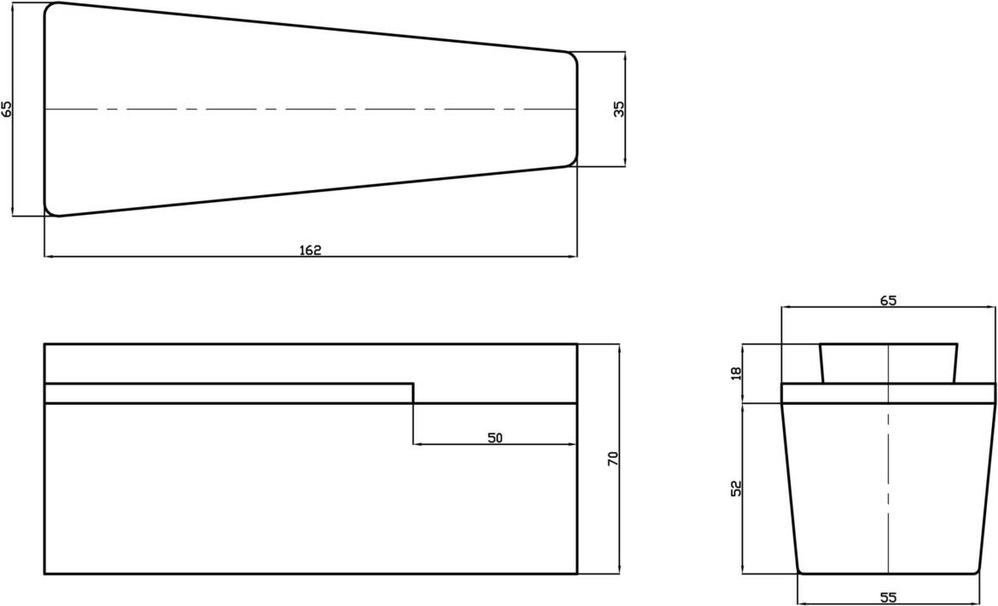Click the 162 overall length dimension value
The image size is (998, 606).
(310, 250)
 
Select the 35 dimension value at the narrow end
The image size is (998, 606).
(619, 108)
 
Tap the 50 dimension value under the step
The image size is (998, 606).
(495, 438)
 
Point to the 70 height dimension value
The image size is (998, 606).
(612, 459)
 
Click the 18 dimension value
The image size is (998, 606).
(737, 372)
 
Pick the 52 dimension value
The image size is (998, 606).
(737, 488)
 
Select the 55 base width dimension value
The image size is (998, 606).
(888, 597)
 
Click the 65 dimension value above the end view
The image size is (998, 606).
(888, 300)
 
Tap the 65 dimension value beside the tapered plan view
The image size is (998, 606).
(7, 108)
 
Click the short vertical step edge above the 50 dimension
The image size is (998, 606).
(414, 393)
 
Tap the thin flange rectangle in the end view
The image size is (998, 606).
(888, 393)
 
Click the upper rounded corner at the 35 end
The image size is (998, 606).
(572, 57)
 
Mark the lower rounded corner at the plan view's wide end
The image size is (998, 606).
(50, 211)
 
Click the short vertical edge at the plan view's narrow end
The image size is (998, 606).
(577, 109)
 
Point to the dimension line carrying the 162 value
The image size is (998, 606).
(171, 256)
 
